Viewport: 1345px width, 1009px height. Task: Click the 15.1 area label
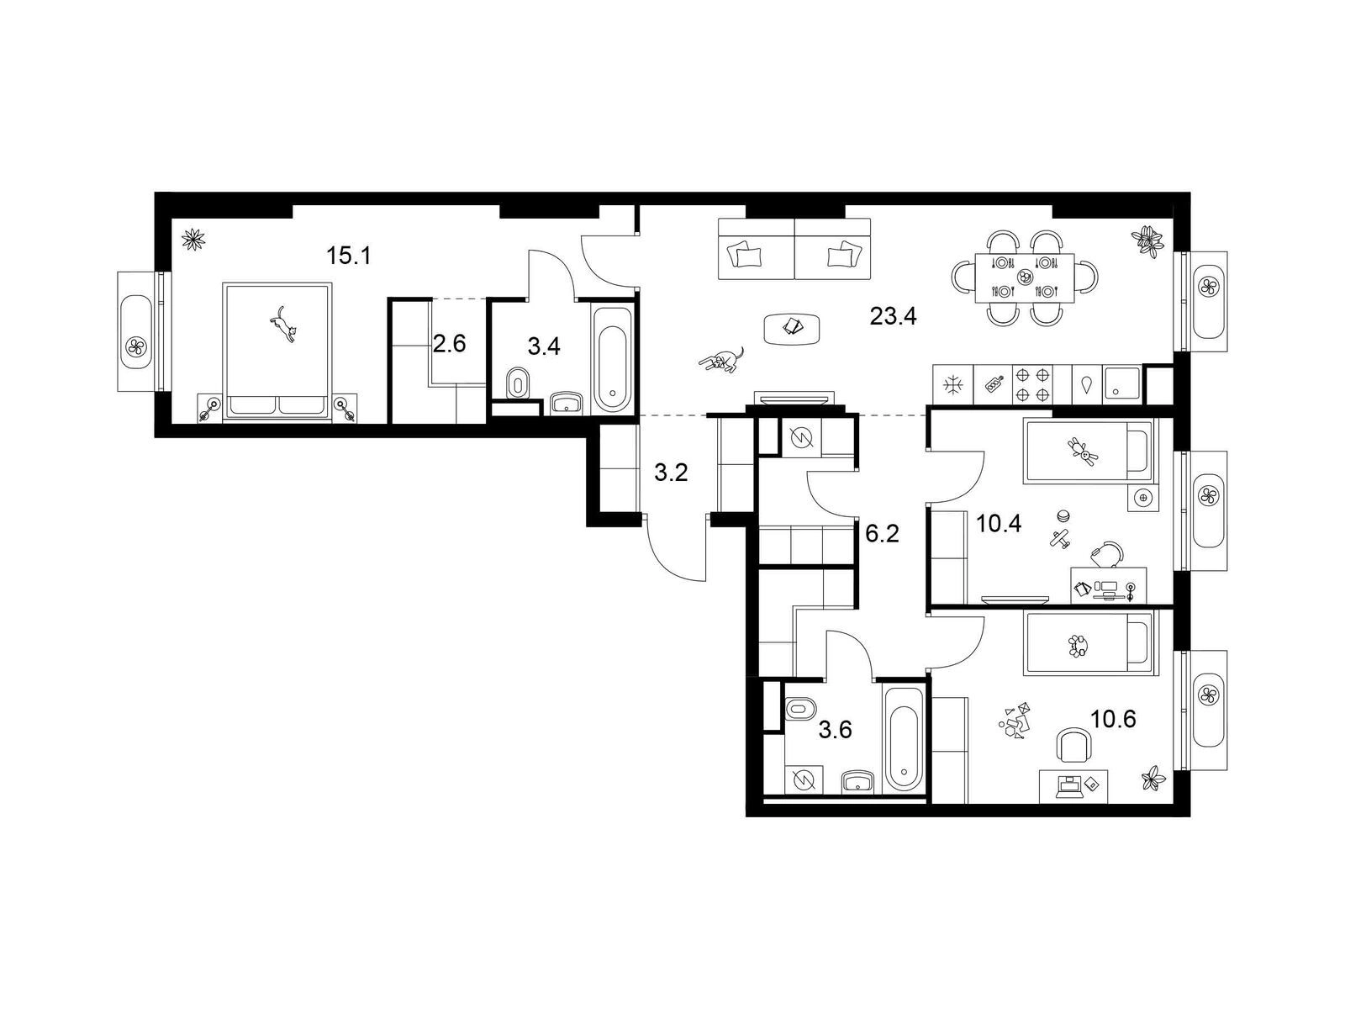point(349,256)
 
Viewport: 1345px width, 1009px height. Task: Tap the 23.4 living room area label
point(893,317)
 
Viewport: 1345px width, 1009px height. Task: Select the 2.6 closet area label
point(449,344)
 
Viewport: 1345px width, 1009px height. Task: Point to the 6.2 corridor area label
point(882,534)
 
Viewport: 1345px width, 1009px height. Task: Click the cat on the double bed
point(283,324)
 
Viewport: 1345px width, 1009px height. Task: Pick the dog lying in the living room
point(721,360)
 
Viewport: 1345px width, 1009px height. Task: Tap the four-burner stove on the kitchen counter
point(1032,384)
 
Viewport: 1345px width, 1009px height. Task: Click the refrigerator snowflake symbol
point(952,385)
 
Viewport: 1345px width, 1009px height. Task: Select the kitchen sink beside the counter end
point(1121,384)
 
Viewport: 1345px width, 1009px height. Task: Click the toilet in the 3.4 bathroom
point(519,384)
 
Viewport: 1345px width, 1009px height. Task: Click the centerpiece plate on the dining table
point(1024,277)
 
